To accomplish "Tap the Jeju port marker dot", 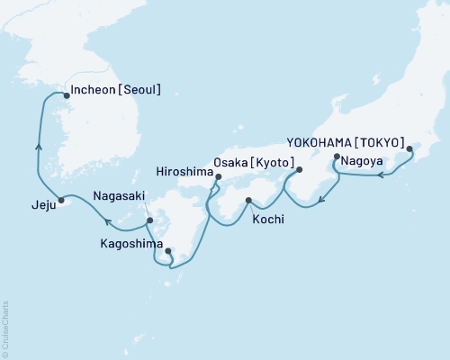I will [61, 200].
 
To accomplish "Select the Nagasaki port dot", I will [150, 220].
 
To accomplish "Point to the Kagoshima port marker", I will [168, 251].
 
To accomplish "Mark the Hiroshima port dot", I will [217, 178].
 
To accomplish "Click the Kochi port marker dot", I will [248, 200].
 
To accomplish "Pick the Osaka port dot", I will [300, 168].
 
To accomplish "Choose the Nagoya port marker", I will [337, 157].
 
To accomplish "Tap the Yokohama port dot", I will [409, 149].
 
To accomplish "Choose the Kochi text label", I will [269, 218].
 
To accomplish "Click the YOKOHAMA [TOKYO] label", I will [345, 142].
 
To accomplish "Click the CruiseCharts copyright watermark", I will [6, 325].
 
